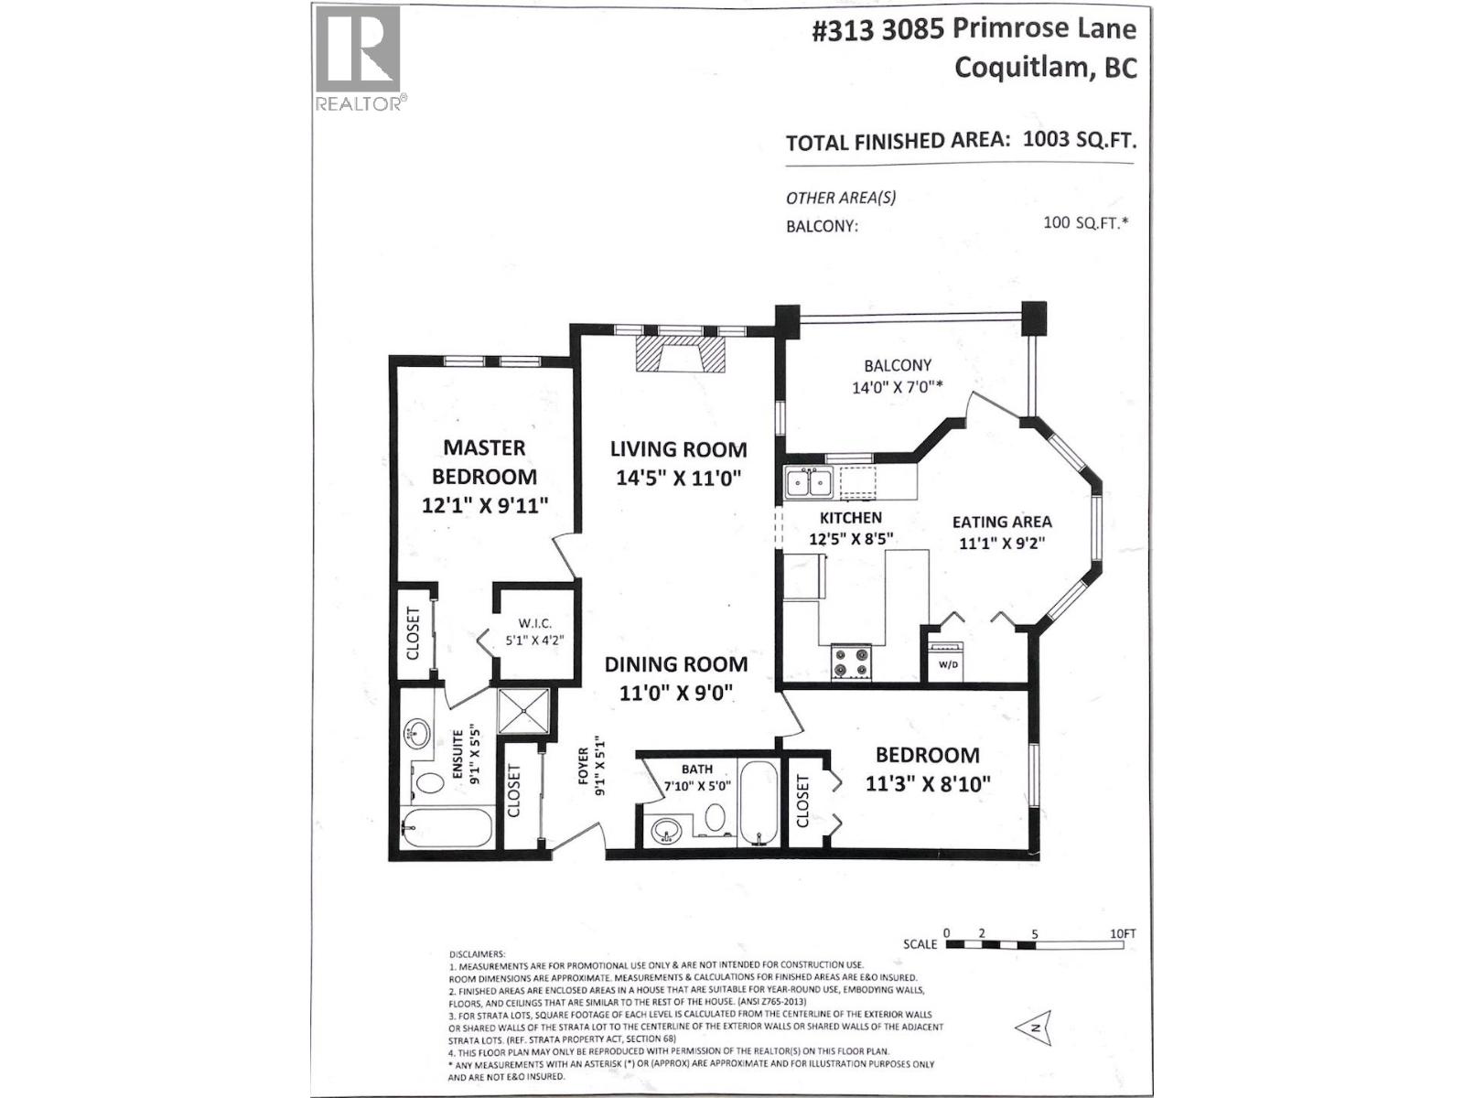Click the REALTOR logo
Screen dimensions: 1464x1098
pos(360,59)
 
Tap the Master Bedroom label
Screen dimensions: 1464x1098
pos(484,462)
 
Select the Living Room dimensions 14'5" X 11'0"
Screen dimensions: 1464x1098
pos(678,478)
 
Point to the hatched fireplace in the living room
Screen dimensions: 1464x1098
pos(679,354)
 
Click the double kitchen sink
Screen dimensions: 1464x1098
pos(809,482)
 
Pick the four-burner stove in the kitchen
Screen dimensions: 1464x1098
pos(851,662)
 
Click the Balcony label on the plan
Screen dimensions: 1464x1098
pos(897,365)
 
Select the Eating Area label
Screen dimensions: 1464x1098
pos(1001,522)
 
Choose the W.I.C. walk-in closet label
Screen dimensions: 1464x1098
pos(535,623)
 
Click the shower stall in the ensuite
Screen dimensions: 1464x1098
pos(524,711)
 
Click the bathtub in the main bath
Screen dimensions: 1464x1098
pos(759,802)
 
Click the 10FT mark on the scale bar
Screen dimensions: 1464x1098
pos(1123,933)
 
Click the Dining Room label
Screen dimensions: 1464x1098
pos(675,664)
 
